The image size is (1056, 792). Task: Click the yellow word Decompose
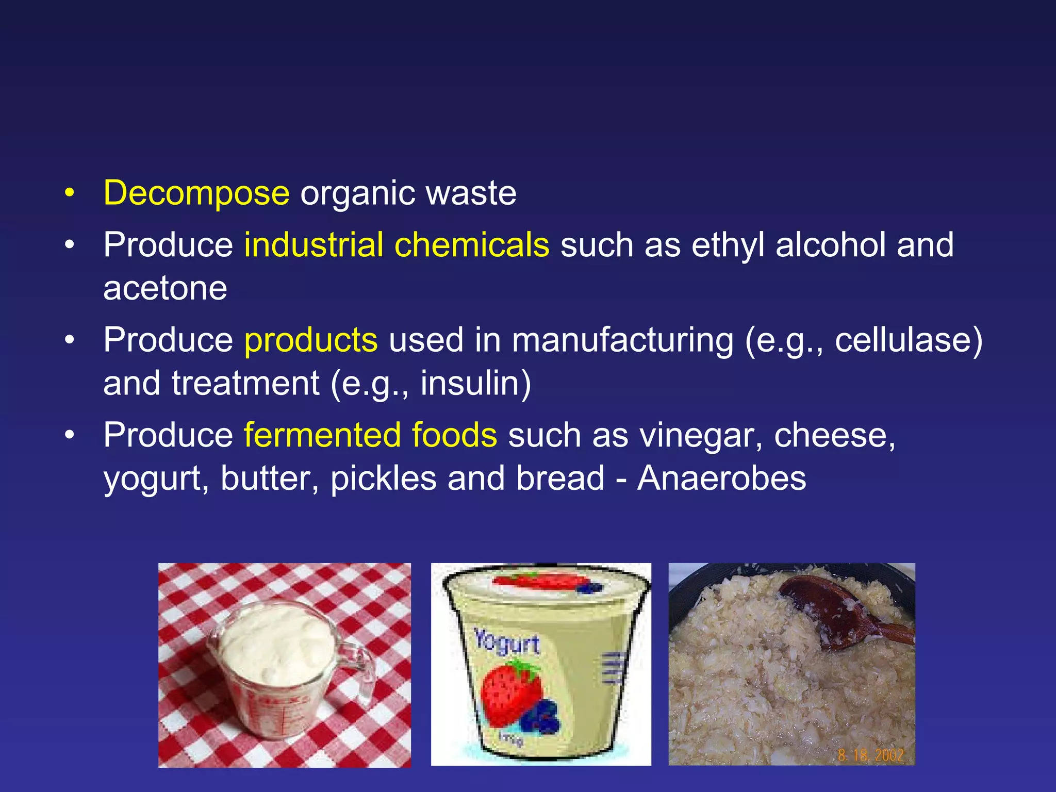(x=196, y=193)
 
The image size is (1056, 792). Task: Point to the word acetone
(x=165, y=288)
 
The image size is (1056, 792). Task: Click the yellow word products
(x=311, y=340)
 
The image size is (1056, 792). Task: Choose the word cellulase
(x=902, y=340)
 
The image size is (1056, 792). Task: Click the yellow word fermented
(x=322, y=435)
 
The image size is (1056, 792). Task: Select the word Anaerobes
(x=721, y=478)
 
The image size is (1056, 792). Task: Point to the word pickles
(x=384, y=478)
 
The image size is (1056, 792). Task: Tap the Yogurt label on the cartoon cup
(x=506, y=642)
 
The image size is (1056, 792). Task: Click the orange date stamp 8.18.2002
(x=870, y=755)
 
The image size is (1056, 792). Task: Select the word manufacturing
(x=622, y=340)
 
